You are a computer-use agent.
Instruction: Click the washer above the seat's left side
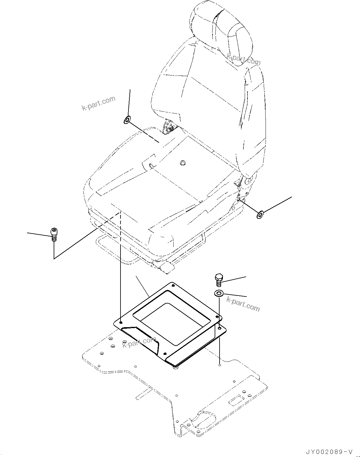[x=127, y=120]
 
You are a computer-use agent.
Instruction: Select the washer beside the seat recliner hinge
[x=260, y=215]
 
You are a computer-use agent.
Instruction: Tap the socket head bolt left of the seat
[x=54, y=234]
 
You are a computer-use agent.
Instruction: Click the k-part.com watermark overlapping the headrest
[x=243, y=60]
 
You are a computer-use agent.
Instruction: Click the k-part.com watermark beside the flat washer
[x=243, y=304]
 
